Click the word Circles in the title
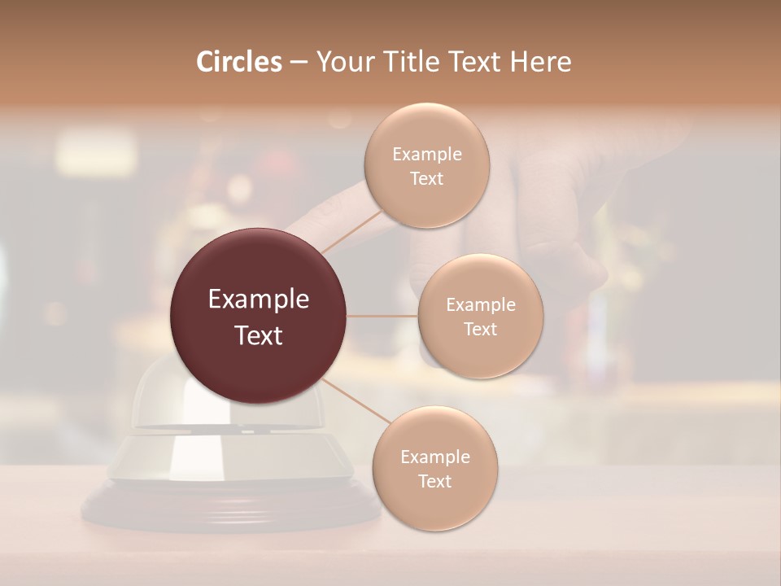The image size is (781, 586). tap(238, 62)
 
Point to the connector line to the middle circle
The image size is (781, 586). tap(382, 316)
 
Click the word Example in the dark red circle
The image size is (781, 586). tap(259, 300)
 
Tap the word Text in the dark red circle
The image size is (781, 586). tap(259, 335)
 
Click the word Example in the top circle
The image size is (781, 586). tap(426, 155)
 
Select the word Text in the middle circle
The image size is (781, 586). tap(480, 329)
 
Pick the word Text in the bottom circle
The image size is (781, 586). tap(434, 481)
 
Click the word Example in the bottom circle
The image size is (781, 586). tap(434, 457)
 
